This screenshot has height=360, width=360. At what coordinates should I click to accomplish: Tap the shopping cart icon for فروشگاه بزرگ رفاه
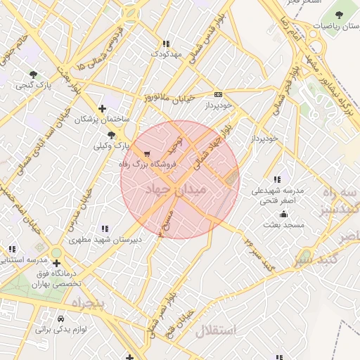coord(147,154)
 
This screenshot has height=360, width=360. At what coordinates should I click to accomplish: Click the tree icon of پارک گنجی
coord(33,75)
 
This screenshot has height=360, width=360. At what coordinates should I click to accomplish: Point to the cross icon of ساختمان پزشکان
coord(103,108)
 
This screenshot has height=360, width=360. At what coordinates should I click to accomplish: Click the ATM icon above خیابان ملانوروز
coord(218,94)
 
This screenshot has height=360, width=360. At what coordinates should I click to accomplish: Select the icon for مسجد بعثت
coord(283,214)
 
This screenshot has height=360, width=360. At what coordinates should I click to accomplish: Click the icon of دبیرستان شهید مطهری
coord(105,229)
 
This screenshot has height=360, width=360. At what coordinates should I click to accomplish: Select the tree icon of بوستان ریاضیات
coord(339,14)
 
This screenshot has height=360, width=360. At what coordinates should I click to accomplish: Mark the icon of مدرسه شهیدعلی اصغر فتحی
coord(279,179)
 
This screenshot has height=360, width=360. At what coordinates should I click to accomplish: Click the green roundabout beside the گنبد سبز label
coord(306,257)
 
